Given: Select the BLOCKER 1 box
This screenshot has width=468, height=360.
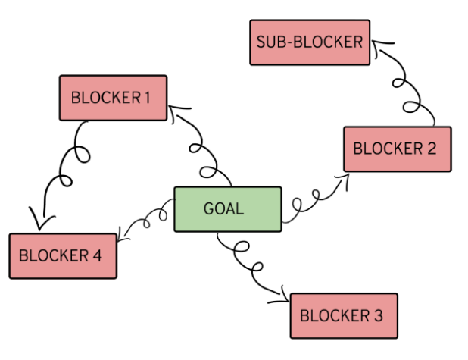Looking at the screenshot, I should point(113,97).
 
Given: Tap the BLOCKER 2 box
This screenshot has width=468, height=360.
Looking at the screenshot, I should point(397,149).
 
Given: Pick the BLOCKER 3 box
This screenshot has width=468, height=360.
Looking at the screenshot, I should point(343,315).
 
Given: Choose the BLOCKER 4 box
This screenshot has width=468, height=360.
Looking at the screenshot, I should point(63,255).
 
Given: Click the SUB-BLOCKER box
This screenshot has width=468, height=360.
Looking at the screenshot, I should point(310,42).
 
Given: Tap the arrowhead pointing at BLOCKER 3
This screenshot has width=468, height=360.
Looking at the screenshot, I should point(284,296).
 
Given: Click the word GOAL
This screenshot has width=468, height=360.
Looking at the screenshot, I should point(224,208).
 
